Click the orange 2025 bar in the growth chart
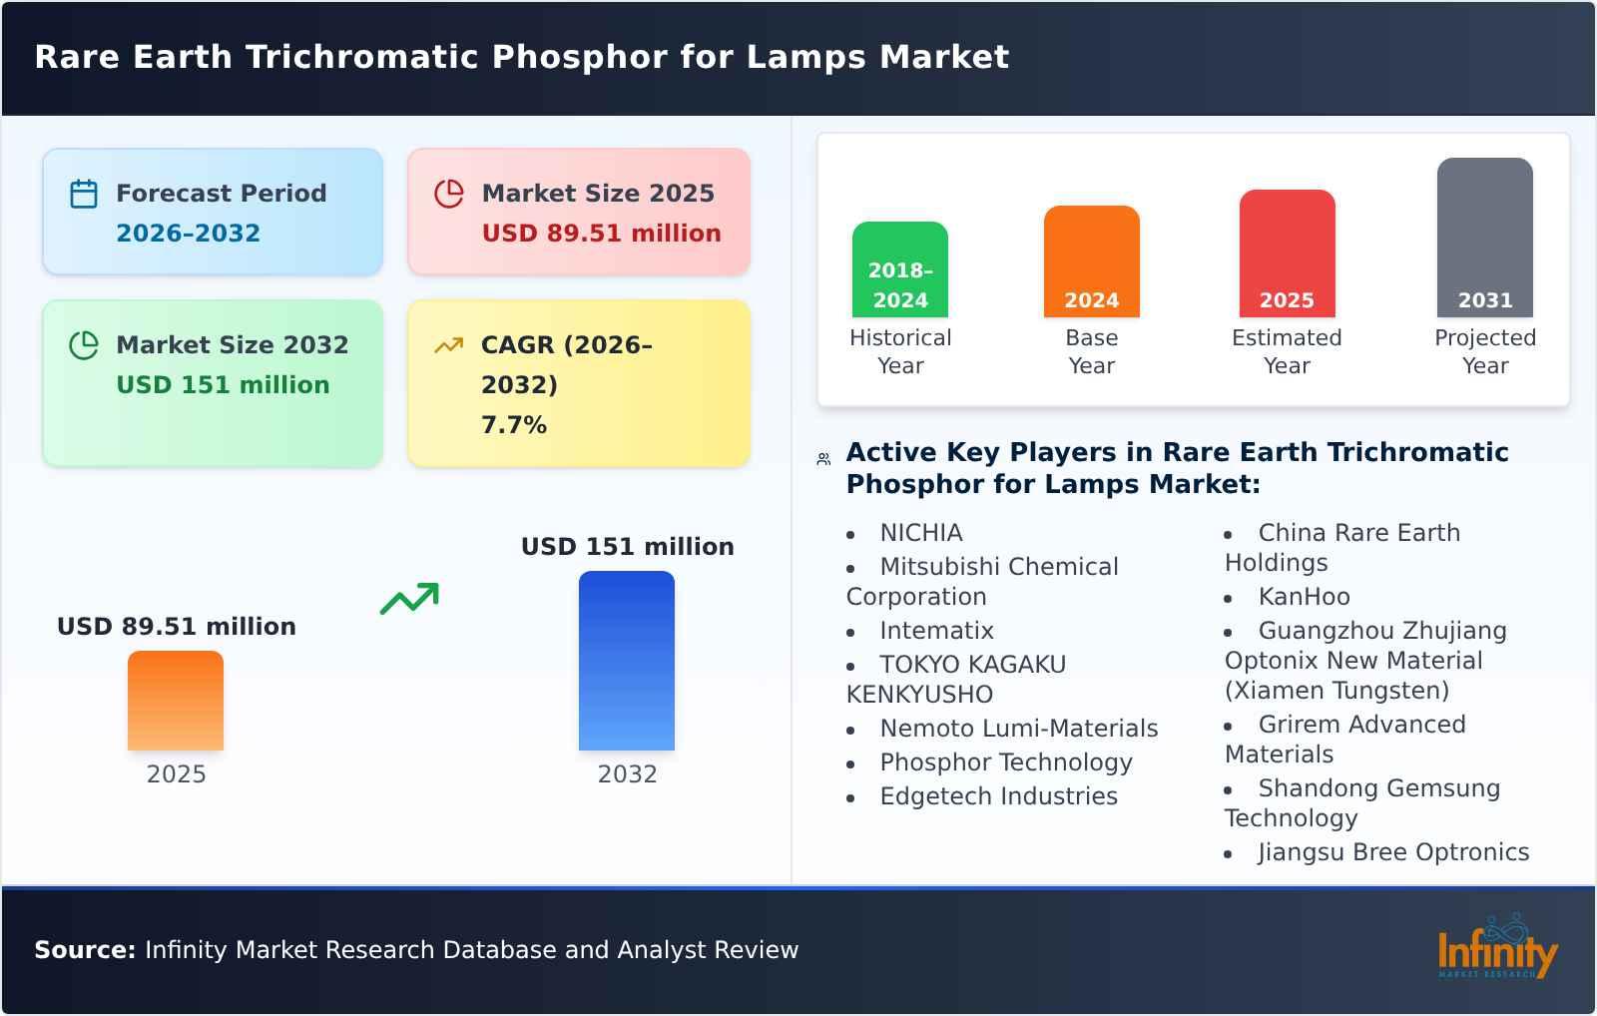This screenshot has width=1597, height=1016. point(176,701)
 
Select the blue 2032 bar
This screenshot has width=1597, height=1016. point(627,661)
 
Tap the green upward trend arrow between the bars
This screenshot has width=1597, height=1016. point(409,599)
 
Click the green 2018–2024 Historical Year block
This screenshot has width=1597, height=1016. point(900,269)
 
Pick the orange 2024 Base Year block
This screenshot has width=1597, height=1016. point(1091,261)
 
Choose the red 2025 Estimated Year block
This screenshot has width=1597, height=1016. point(1287,254)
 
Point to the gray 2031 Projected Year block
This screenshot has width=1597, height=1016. point(1484,238)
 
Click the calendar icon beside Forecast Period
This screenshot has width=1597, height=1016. point(84,194)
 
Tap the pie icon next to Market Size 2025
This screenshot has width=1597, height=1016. point(449,194)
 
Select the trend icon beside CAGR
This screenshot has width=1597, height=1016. point(449,345)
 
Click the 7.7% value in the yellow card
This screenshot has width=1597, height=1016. point(514,425)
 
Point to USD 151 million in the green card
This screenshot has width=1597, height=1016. point(223,385)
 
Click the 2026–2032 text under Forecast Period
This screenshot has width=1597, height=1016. point(188,234)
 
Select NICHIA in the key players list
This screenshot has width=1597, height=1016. point(920,533)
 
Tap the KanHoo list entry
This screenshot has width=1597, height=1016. point(1304,597)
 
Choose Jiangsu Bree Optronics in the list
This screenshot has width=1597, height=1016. point(1393,852)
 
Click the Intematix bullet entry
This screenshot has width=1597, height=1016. point(936,631)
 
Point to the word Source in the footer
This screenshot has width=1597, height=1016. point(84,950)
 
